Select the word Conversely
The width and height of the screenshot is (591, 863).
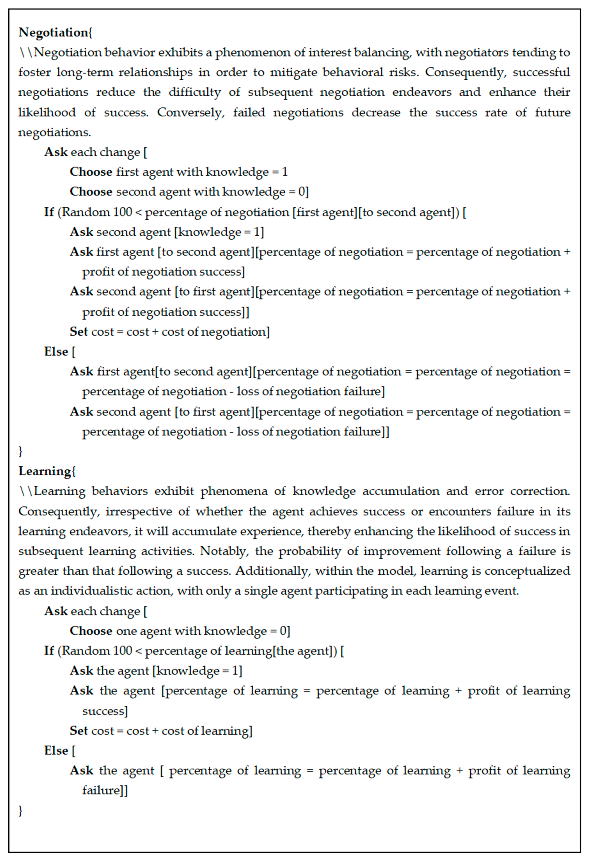point(191,112)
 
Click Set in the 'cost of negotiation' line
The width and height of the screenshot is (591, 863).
point(78,332)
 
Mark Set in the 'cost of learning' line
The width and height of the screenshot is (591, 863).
point(78,731)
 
